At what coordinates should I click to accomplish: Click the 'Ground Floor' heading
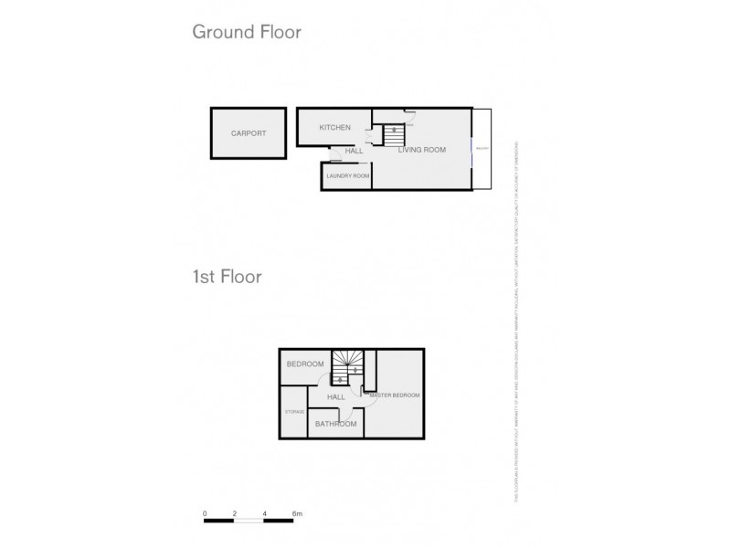click(246, 33)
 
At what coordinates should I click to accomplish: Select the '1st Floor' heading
click(227, 276)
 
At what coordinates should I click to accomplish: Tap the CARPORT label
click(249, 133)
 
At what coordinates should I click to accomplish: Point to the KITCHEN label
click(335, 128)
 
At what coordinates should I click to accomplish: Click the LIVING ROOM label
click(421, 150)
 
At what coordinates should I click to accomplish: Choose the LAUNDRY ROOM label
click(348, 175)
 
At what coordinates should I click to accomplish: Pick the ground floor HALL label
click(355, 151)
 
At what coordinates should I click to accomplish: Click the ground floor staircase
click(393, 135)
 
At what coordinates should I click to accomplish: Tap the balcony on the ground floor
click(482, 149)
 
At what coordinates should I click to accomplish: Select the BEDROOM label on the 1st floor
click(305, 364)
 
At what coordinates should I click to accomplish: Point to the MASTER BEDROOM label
click(395, 395)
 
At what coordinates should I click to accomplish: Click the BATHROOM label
click(335, 424)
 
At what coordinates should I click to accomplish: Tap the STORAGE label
click(293, 412)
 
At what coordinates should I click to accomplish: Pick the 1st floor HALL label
click(336, 397)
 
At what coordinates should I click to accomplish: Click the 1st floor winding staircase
click(347, 367)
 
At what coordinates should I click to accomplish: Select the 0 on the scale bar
click(206, 514)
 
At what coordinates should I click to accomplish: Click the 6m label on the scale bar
click(296, 514)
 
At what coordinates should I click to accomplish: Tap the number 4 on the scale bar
click(264, 514)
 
